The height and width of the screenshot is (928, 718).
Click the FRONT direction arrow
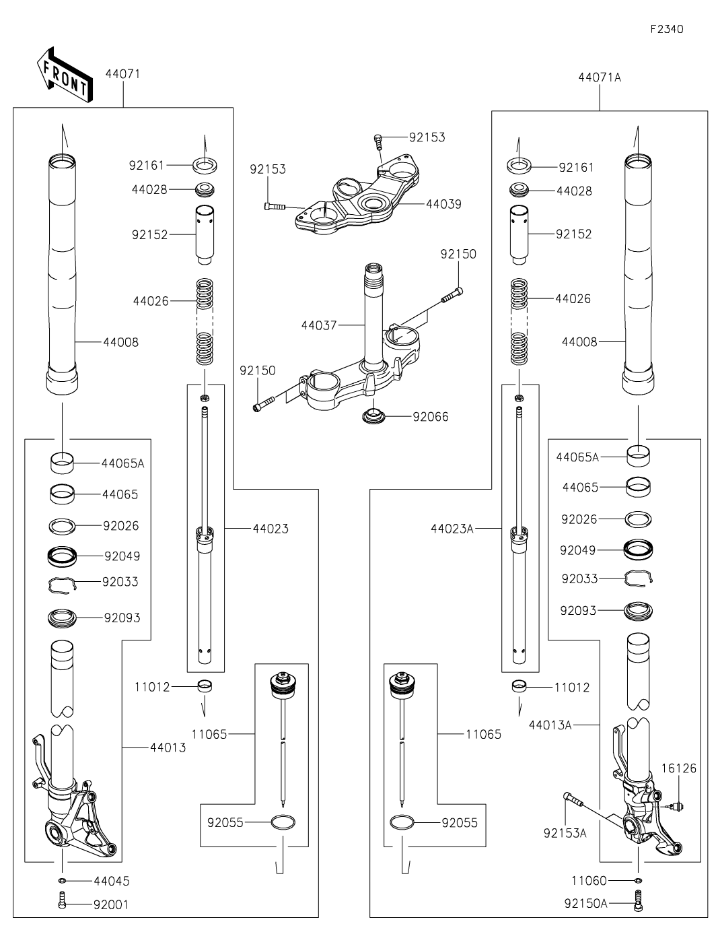point(63,75)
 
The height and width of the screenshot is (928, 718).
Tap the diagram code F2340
point(667,30)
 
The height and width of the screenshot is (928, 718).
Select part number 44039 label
point(443,204)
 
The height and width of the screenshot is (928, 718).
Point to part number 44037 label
point(319,325)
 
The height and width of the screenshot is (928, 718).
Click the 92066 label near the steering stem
point(431,417)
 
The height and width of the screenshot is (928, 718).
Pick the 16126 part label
point(678,768)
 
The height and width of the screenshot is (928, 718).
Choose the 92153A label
point(565,833)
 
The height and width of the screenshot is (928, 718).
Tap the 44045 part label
point(112,881)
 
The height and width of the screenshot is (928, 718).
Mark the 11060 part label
point(589,880)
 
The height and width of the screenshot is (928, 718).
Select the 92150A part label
point(585,903)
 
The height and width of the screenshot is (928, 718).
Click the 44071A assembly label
point(599,77)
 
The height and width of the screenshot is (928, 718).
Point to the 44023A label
point(452,529)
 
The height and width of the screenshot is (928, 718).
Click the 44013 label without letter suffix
point(168,748)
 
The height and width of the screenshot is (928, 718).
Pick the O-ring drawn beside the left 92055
point(283,822)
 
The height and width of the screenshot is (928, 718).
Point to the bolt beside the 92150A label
point(637,901)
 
